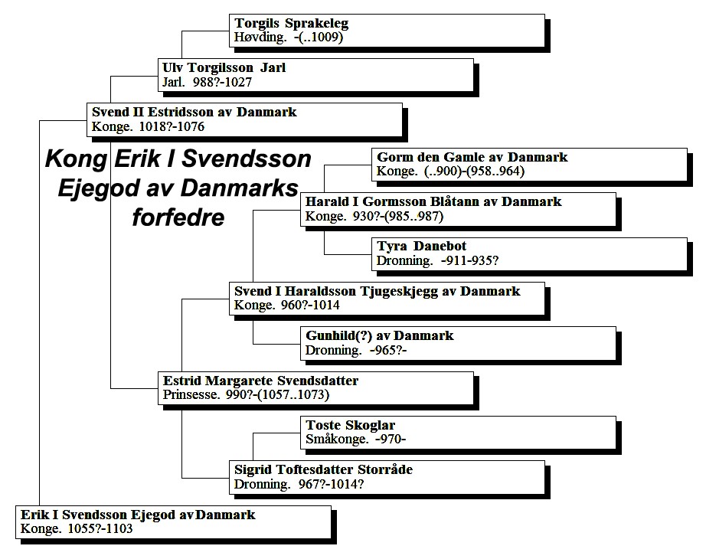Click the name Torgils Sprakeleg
[291, 23]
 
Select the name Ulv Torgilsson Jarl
[224, 67]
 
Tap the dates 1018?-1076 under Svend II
[172, 126]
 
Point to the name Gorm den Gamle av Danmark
[472, 157]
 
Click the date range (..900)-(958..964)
[474, 172]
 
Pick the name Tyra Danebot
[421, 246]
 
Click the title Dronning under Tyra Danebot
[404, 260]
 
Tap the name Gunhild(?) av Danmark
[380, 335]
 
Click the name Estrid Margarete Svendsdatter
[260, 381]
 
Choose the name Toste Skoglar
[350, 425]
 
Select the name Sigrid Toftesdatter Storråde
[323, 470]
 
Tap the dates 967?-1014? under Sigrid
[331, 484]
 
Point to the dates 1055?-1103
[100, 528]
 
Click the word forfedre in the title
[178, 217]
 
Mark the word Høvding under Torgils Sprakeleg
[260, 37]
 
